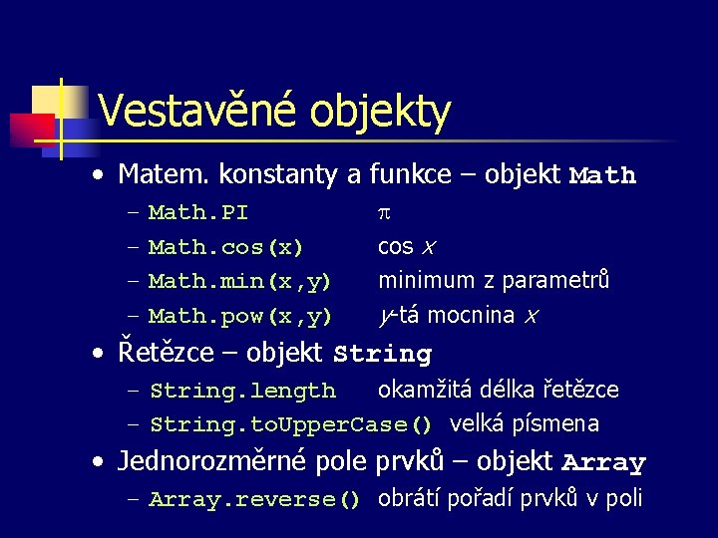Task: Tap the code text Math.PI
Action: (x=197, y=213)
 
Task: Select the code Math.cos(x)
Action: (x=225, y=247)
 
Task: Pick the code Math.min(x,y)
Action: (x=239, y=282)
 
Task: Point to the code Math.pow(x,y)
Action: (x=239, y=317)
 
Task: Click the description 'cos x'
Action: (x=406, y=247)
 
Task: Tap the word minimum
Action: (x=423, y=281)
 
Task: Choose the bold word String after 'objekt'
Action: (x=382, y=355)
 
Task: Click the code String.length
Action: (x=241, y=391)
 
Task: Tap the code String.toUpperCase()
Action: (x=290, y=424)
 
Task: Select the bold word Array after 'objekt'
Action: (x=603, y=463)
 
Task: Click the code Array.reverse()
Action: (x=253, y=500)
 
